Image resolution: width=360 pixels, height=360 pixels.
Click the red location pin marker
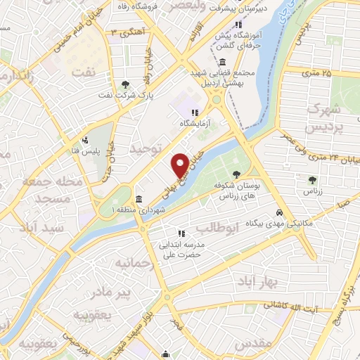[x=181, y=165]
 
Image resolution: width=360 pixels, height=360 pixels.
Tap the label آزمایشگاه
[x=195, y=123]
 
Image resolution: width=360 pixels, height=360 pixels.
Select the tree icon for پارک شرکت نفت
[x=125, y=82]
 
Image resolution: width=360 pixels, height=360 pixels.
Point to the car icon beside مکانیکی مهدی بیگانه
[x=280, y=212]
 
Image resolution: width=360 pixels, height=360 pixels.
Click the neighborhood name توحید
[x=146, y=148]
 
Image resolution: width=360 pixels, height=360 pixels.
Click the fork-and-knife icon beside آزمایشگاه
[x=195, y=112]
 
